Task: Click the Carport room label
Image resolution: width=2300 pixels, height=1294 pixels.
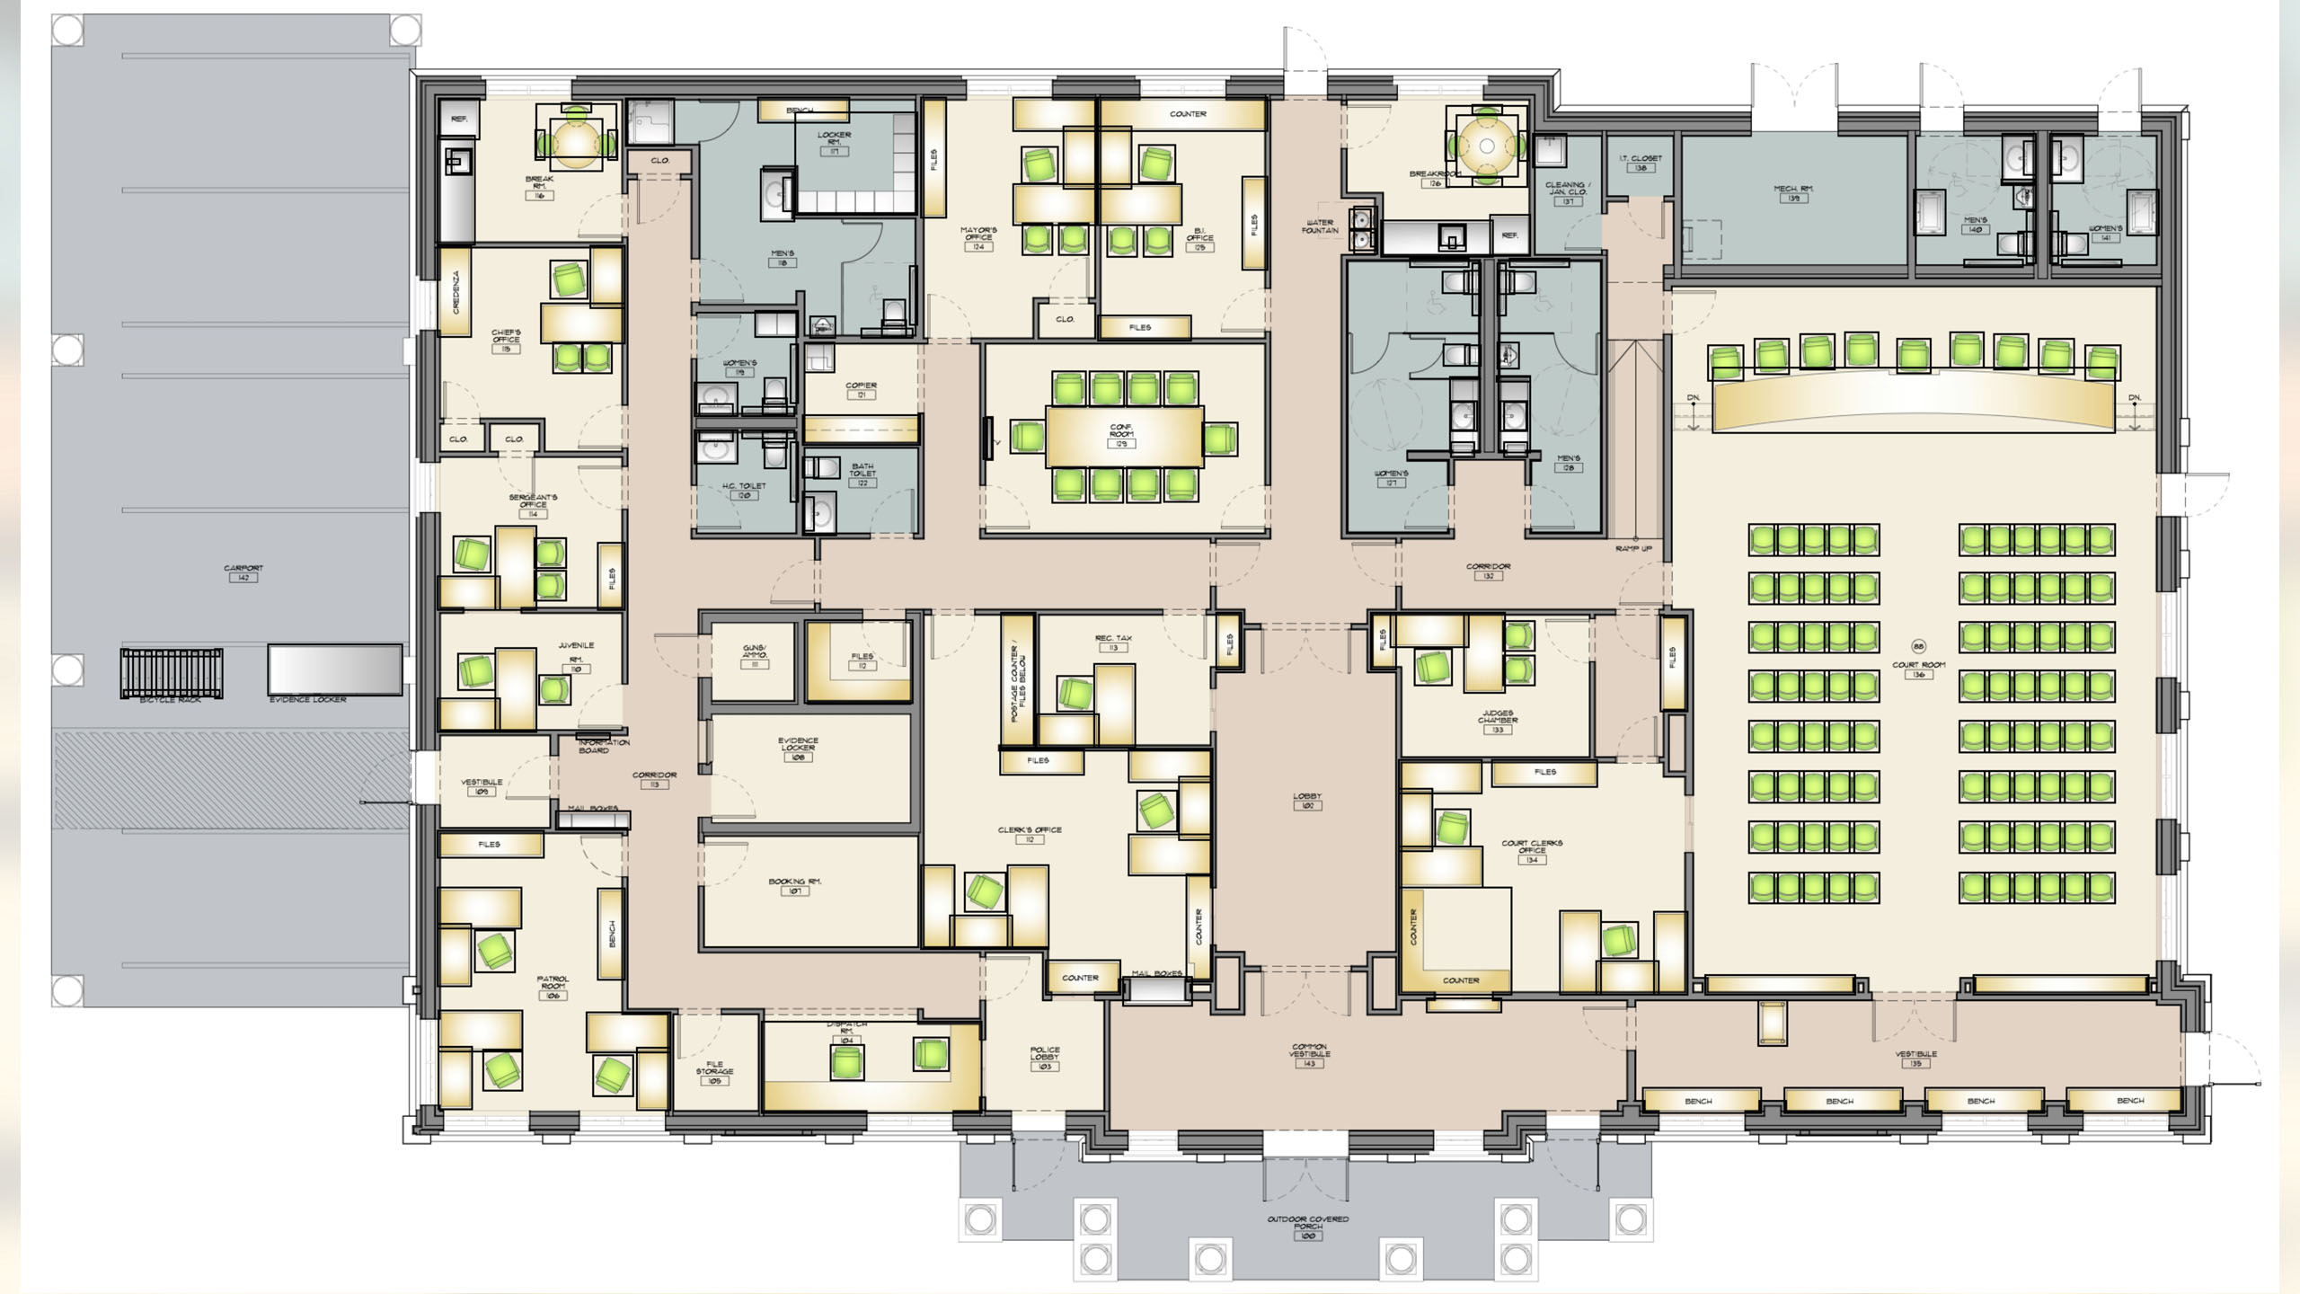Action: tap(243, 572)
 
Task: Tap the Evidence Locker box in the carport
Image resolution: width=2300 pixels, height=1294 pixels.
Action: tap(334, 669)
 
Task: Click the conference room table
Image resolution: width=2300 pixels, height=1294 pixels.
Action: tap(1123, 437)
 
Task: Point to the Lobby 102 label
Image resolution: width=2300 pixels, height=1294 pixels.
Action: tap(1307, 801)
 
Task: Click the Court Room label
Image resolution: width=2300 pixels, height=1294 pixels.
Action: tap(1918, 669)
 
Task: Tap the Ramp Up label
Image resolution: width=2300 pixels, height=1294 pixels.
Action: tap(1632, 548)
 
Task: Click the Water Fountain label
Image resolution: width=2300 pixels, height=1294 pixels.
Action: tap(1320, 226)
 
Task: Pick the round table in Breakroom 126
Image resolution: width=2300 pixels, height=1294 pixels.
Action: tap(1486, 146)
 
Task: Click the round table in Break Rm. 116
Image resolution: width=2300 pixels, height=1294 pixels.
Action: tap(573, 140)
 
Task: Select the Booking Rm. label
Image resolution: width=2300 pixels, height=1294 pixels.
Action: tap(794, 885)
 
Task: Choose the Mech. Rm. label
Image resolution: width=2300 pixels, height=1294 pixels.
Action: tap(1792, 192)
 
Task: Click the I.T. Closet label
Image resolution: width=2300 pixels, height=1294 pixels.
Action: tap(1640, 162)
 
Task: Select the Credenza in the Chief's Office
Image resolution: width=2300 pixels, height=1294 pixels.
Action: tap(456, 292)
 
